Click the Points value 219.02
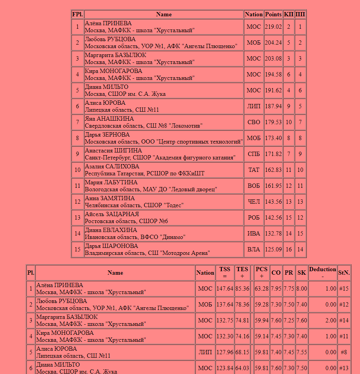pos(273,27)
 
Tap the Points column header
pos(273,14)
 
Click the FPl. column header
pos(77,14)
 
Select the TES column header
pos(242,272)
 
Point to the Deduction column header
pos(322,272)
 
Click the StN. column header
pos(344,273)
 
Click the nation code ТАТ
pos(254,170)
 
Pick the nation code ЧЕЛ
pos(254,202)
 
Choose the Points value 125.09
pos(273,249)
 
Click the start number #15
pos(344,289)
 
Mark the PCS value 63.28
pos(262,289)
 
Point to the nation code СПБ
pos(254,154)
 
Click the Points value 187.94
pos(273,106)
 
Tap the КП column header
pos(289,14)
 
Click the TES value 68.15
pos(242,352)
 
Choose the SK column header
pos(302,273)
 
